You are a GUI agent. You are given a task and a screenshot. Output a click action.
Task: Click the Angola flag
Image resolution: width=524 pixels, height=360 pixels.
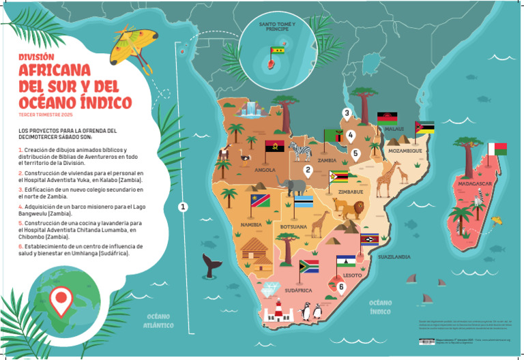pos(274,147)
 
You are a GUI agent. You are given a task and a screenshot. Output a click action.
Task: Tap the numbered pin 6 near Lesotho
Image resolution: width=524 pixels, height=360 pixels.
pos(341,286)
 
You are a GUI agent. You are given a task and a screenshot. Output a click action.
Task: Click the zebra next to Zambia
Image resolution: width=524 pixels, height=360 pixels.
pos(299,150)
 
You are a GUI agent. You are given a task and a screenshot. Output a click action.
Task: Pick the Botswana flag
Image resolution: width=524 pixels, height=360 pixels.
pos(303,203)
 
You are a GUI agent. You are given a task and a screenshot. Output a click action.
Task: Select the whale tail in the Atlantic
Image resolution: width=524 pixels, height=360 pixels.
pos(209,265)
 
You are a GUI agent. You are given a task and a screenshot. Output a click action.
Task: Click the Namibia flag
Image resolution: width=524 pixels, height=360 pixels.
pos(260,200)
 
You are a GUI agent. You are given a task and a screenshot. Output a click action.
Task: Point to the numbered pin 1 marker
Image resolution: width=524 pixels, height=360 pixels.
pos(183,206)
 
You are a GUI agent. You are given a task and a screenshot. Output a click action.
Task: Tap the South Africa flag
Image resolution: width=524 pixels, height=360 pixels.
pos(309,265)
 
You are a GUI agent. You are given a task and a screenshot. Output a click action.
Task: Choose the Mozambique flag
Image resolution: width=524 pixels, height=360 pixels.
pos(424,127)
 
